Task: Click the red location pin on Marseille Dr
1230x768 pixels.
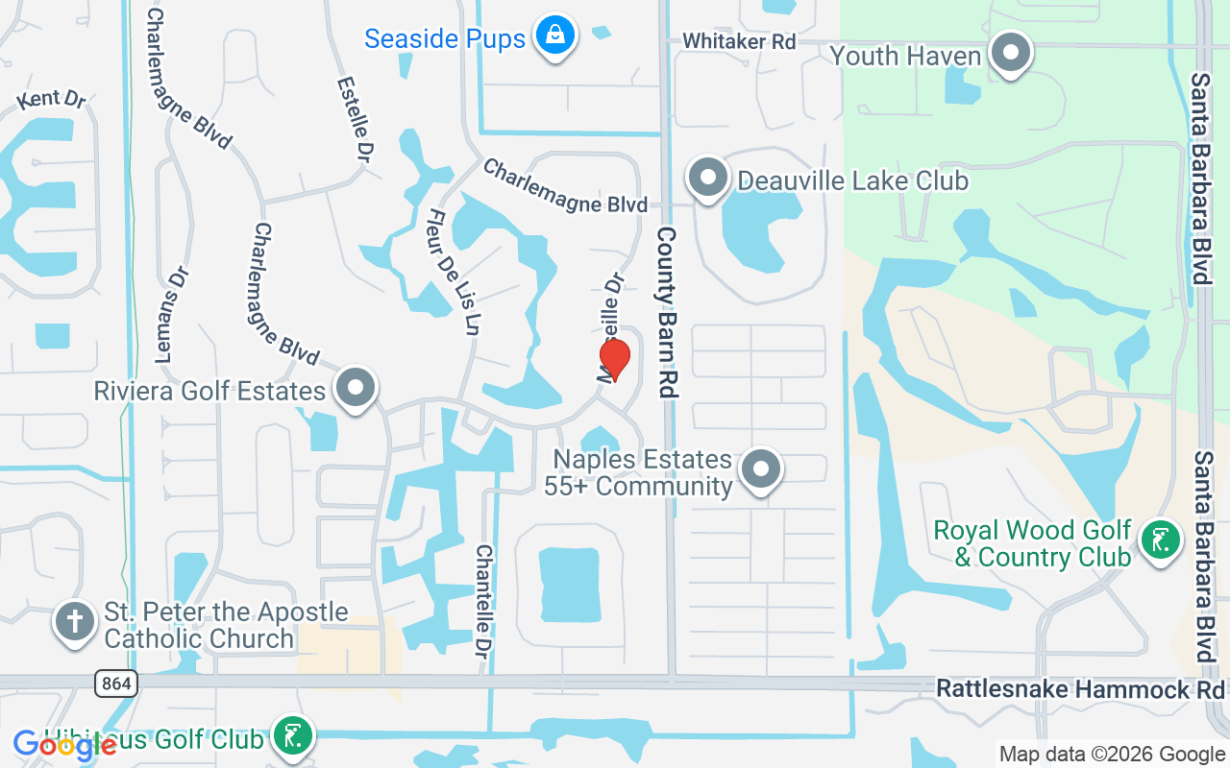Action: [614, 359]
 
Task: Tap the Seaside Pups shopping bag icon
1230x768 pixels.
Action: [554, 36]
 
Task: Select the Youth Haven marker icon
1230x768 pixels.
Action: [1010, 54]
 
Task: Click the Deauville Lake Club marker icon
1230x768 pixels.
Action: [708, 179]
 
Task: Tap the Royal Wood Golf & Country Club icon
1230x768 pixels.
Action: [1161, 541]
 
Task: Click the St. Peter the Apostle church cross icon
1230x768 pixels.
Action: [74, 621]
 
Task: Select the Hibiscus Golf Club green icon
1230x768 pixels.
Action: [292, 736]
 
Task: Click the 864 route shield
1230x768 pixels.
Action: [116, 684]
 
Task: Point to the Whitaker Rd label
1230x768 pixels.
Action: [739, 41]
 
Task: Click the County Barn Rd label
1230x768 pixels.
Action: [667, 312]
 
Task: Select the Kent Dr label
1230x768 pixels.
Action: [51, 98]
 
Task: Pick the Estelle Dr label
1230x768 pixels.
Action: [355, 118]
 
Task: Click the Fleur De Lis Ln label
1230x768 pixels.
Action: [453, 272]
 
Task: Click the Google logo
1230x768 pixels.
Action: [64, 744]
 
